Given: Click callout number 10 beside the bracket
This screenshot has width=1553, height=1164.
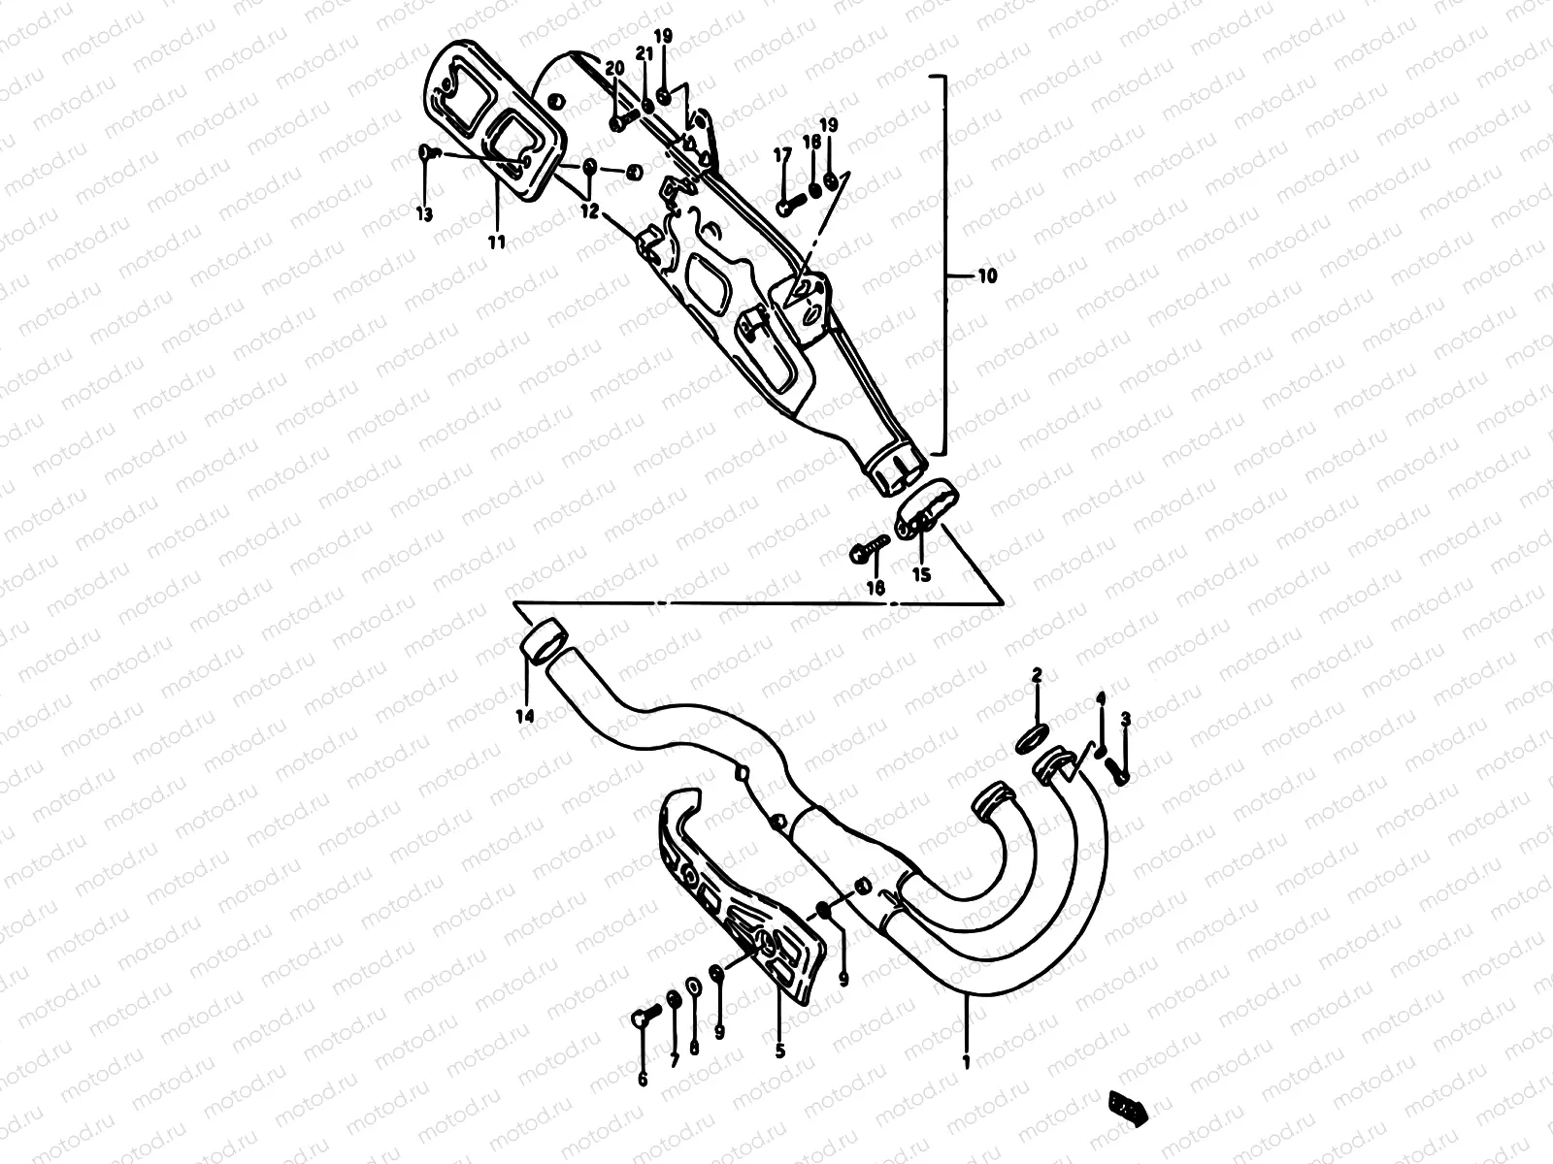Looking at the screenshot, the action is pos(986,276).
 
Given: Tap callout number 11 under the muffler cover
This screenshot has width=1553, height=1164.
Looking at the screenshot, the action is pos(497,242).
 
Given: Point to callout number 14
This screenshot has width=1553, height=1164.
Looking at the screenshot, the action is pos(525,717).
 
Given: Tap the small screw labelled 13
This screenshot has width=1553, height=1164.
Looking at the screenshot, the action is pos(427,152).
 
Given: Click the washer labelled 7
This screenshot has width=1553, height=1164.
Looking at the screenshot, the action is pos(672,1000).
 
